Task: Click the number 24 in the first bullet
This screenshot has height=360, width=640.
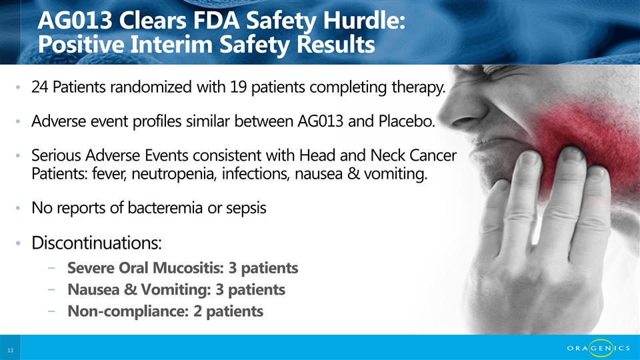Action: pos(39,87)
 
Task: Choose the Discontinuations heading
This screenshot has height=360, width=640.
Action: pos(96,243)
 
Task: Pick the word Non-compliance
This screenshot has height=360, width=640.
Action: pos(128,311)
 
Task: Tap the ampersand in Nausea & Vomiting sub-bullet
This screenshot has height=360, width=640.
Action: pos(130,289)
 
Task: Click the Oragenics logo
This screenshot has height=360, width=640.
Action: pos(599,348)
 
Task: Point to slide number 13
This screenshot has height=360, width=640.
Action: pos(10,350)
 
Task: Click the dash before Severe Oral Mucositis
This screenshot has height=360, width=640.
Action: pos(51,268)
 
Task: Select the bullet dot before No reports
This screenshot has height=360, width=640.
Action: pos(17,208)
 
